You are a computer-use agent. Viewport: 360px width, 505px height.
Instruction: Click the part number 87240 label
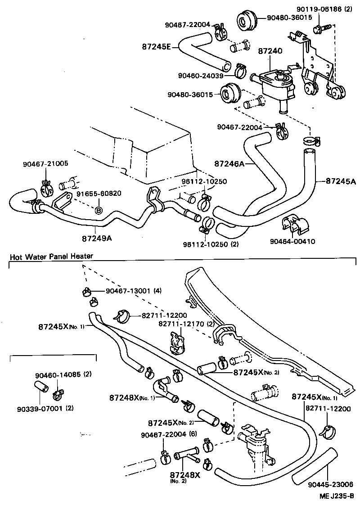point(270,52)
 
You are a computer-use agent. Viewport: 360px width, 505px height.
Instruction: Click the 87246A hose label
point(229,164)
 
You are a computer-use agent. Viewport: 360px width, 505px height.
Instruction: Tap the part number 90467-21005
point(45,164)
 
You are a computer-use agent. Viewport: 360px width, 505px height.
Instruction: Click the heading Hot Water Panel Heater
point(51,256)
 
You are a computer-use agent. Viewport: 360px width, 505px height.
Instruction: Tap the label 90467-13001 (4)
point(134,291)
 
